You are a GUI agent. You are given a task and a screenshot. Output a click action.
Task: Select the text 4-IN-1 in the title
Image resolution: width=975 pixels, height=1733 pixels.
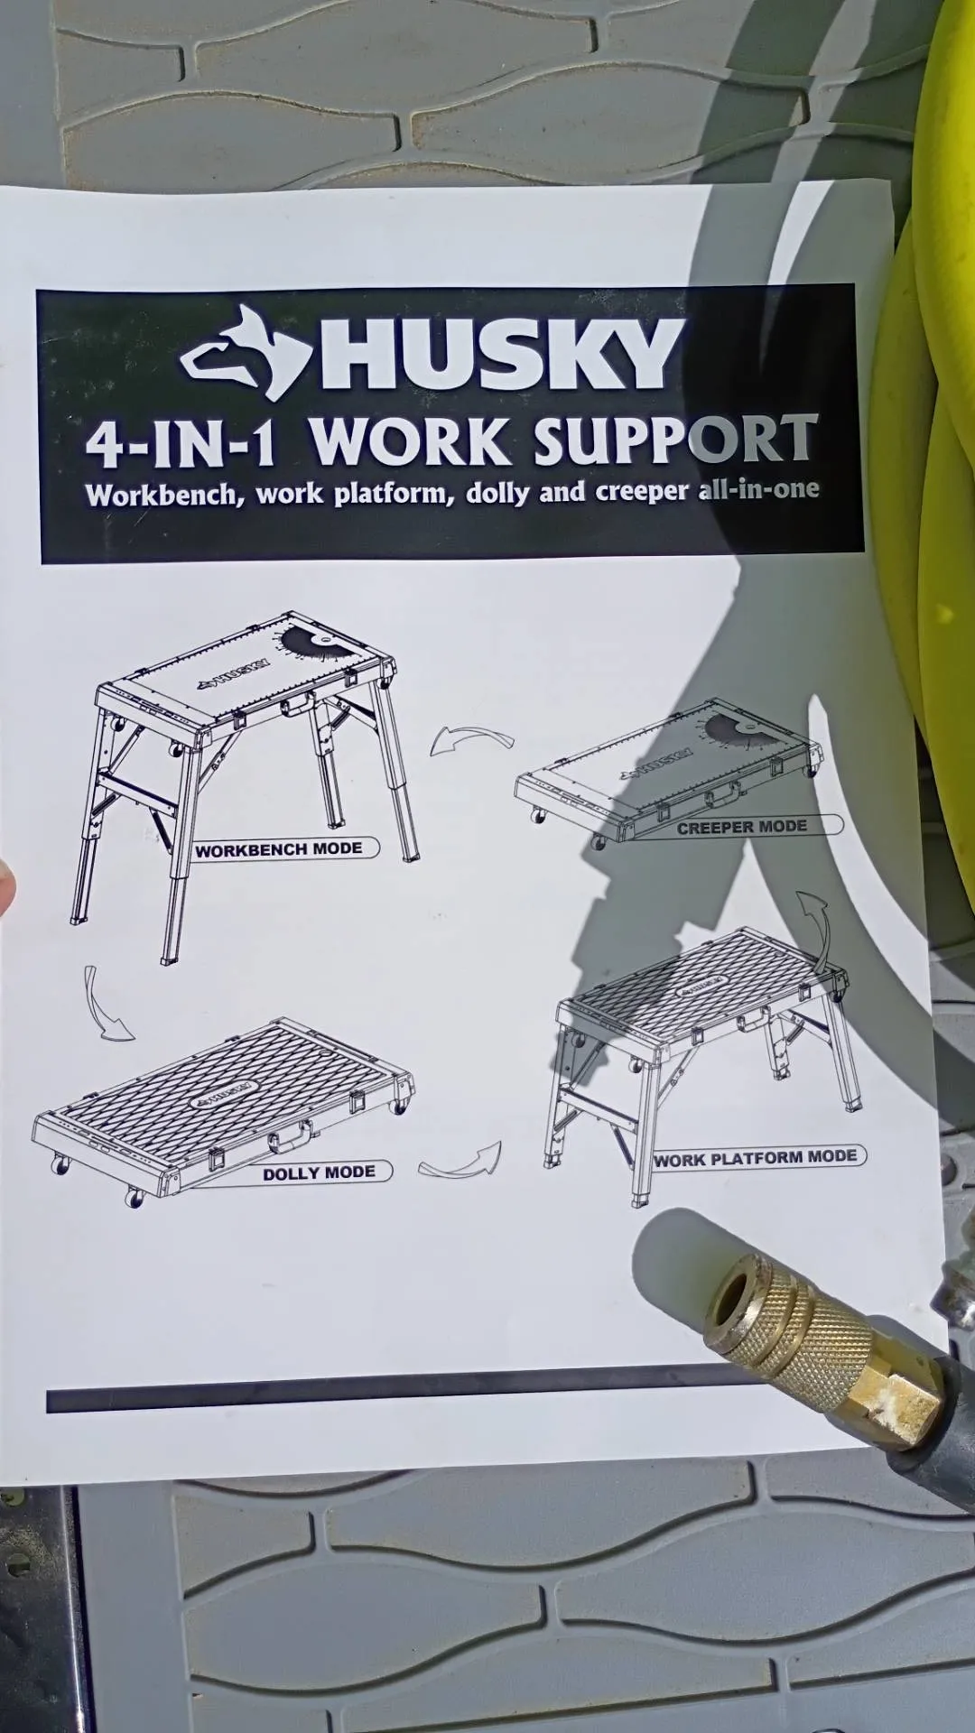click(x=181, y=444)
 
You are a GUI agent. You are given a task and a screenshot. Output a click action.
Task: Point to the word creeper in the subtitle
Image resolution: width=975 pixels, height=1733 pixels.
click(x=642, y=491)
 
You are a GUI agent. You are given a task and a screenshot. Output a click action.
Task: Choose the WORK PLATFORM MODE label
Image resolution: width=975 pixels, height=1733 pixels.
click(x=756, y=1158)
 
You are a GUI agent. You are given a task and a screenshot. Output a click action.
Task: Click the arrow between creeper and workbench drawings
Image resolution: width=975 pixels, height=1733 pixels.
click(x=469, y=738)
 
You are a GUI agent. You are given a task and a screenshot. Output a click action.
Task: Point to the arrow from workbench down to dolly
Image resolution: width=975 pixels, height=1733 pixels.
click(x=103, y=1006)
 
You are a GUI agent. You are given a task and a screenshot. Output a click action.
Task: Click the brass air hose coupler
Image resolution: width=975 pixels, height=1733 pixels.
click(x=822, y=1336)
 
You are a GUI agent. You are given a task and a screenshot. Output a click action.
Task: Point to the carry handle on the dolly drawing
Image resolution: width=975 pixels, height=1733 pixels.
click(x=290, y=1135)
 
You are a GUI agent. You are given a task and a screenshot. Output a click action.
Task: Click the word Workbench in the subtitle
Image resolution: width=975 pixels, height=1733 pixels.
click(x=162, y=496)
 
